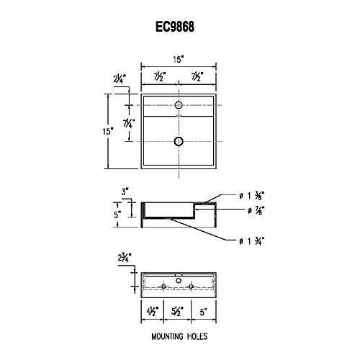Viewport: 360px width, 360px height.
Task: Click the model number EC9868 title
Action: (x=175, y=27)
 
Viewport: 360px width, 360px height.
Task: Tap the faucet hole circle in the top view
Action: (x=179, y=105)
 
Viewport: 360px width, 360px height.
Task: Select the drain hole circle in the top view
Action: (x=179, y=141)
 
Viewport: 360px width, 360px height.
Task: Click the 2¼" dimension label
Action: (x=120, y=78)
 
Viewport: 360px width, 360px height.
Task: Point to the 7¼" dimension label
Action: (x=129, y=123)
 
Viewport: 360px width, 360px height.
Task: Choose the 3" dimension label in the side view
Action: (x=125, y=192)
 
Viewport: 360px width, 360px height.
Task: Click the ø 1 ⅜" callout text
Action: (x=252, y=196)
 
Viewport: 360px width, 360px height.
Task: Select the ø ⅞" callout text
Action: (x=256, y=210)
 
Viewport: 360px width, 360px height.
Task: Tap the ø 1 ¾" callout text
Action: (x=252, y=240)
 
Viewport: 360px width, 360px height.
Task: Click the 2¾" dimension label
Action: (x=125, y=258)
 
